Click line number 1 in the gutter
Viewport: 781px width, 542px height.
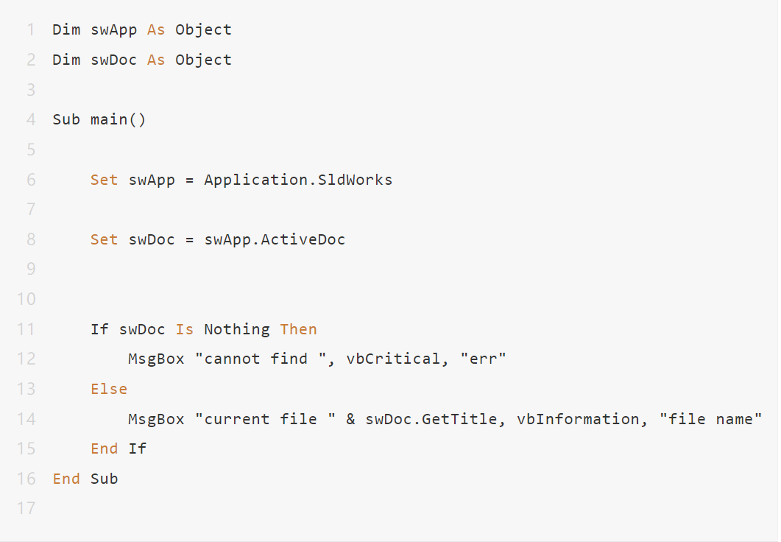pos(31,30)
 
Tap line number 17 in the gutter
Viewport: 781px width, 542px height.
pos(26,508)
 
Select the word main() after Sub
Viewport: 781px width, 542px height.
pos(118,119)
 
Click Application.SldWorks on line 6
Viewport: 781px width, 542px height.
pos(298,180)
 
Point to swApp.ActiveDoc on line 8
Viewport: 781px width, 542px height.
pos(275,239)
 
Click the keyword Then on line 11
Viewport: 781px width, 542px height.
pos(298,329)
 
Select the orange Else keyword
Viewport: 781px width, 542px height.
pos(109,389)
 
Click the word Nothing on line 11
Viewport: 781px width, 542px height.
pos(237,329)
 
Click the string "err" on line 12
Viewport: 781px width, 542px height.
pos(483,359)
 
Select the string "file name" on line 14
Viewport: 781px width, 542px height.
pos(711,419)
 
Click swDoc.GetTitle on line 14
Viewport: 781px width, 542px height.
pos(431,419)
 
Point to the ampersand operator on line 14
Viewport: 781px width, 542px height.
pos(350,419)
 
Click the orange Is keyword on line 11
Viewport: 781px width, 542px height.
pos(184,329)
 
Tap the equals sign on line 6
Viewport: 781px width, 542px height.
pos(189,180)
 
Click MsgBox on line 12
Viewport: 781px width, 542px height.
pos(156,359)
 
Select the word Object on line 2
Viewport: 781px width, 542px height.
pos(203,60)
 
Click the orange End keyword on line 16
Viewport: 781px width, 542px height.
pos(66,479)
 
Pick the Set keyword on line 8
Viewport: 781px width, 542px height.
pos(104,239)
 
